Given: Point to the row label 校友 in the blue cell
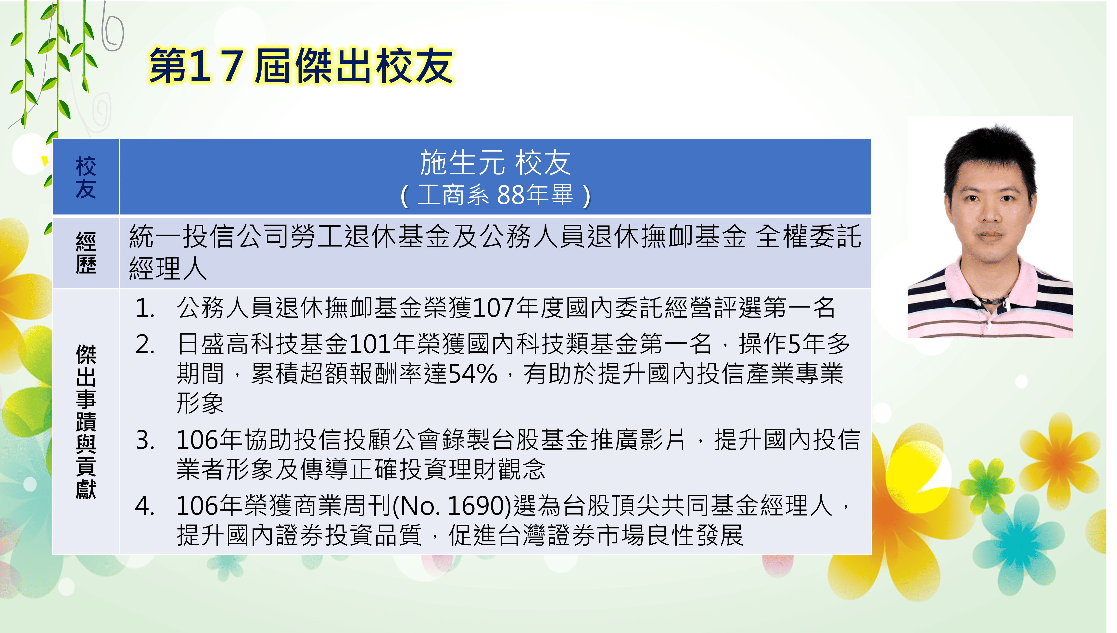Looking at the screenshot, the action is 86,177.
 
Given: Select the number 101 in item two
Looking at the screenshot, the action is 370,345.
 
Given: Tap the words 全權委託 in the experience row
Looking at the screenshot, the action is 808,237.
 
